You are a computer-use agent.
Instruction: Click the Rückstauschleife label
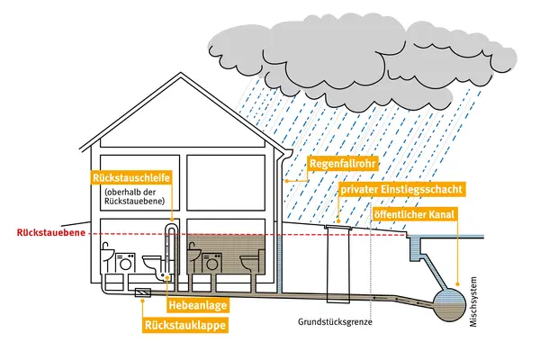131,178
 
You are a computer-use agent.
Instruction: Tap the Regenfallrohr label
343,163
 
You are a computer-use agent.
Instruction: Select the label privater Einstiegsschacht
401,190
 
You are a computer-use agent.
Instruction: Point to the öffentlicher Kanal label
414,214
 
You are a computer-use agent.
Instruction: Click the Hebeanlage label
198,305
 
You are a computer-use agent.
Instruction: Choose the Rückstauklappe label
185,325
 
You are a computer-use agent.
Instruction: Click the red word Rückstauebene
51,232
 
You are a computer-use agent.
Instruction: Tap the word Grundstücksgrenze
335,322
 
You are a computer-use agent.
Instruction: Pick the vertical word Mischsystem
473,301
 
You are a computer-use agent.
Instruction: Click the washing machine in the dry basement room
125,264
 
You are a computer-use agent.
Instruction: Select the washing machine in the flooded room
211,264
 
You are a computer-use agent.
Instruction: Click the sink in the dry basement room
107,256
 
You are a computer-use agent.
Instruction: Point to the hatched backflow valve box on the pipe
142,292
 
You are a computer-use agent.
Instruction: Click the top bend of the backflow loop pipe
171,226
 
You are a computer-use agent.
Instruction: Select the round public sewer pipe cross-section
450,304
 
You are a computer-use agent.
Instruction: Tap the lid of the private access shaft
337,227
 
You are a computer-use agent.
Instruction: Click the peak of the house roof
181,73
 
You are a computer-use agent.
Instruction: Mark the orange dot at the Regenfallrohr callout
286,181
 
